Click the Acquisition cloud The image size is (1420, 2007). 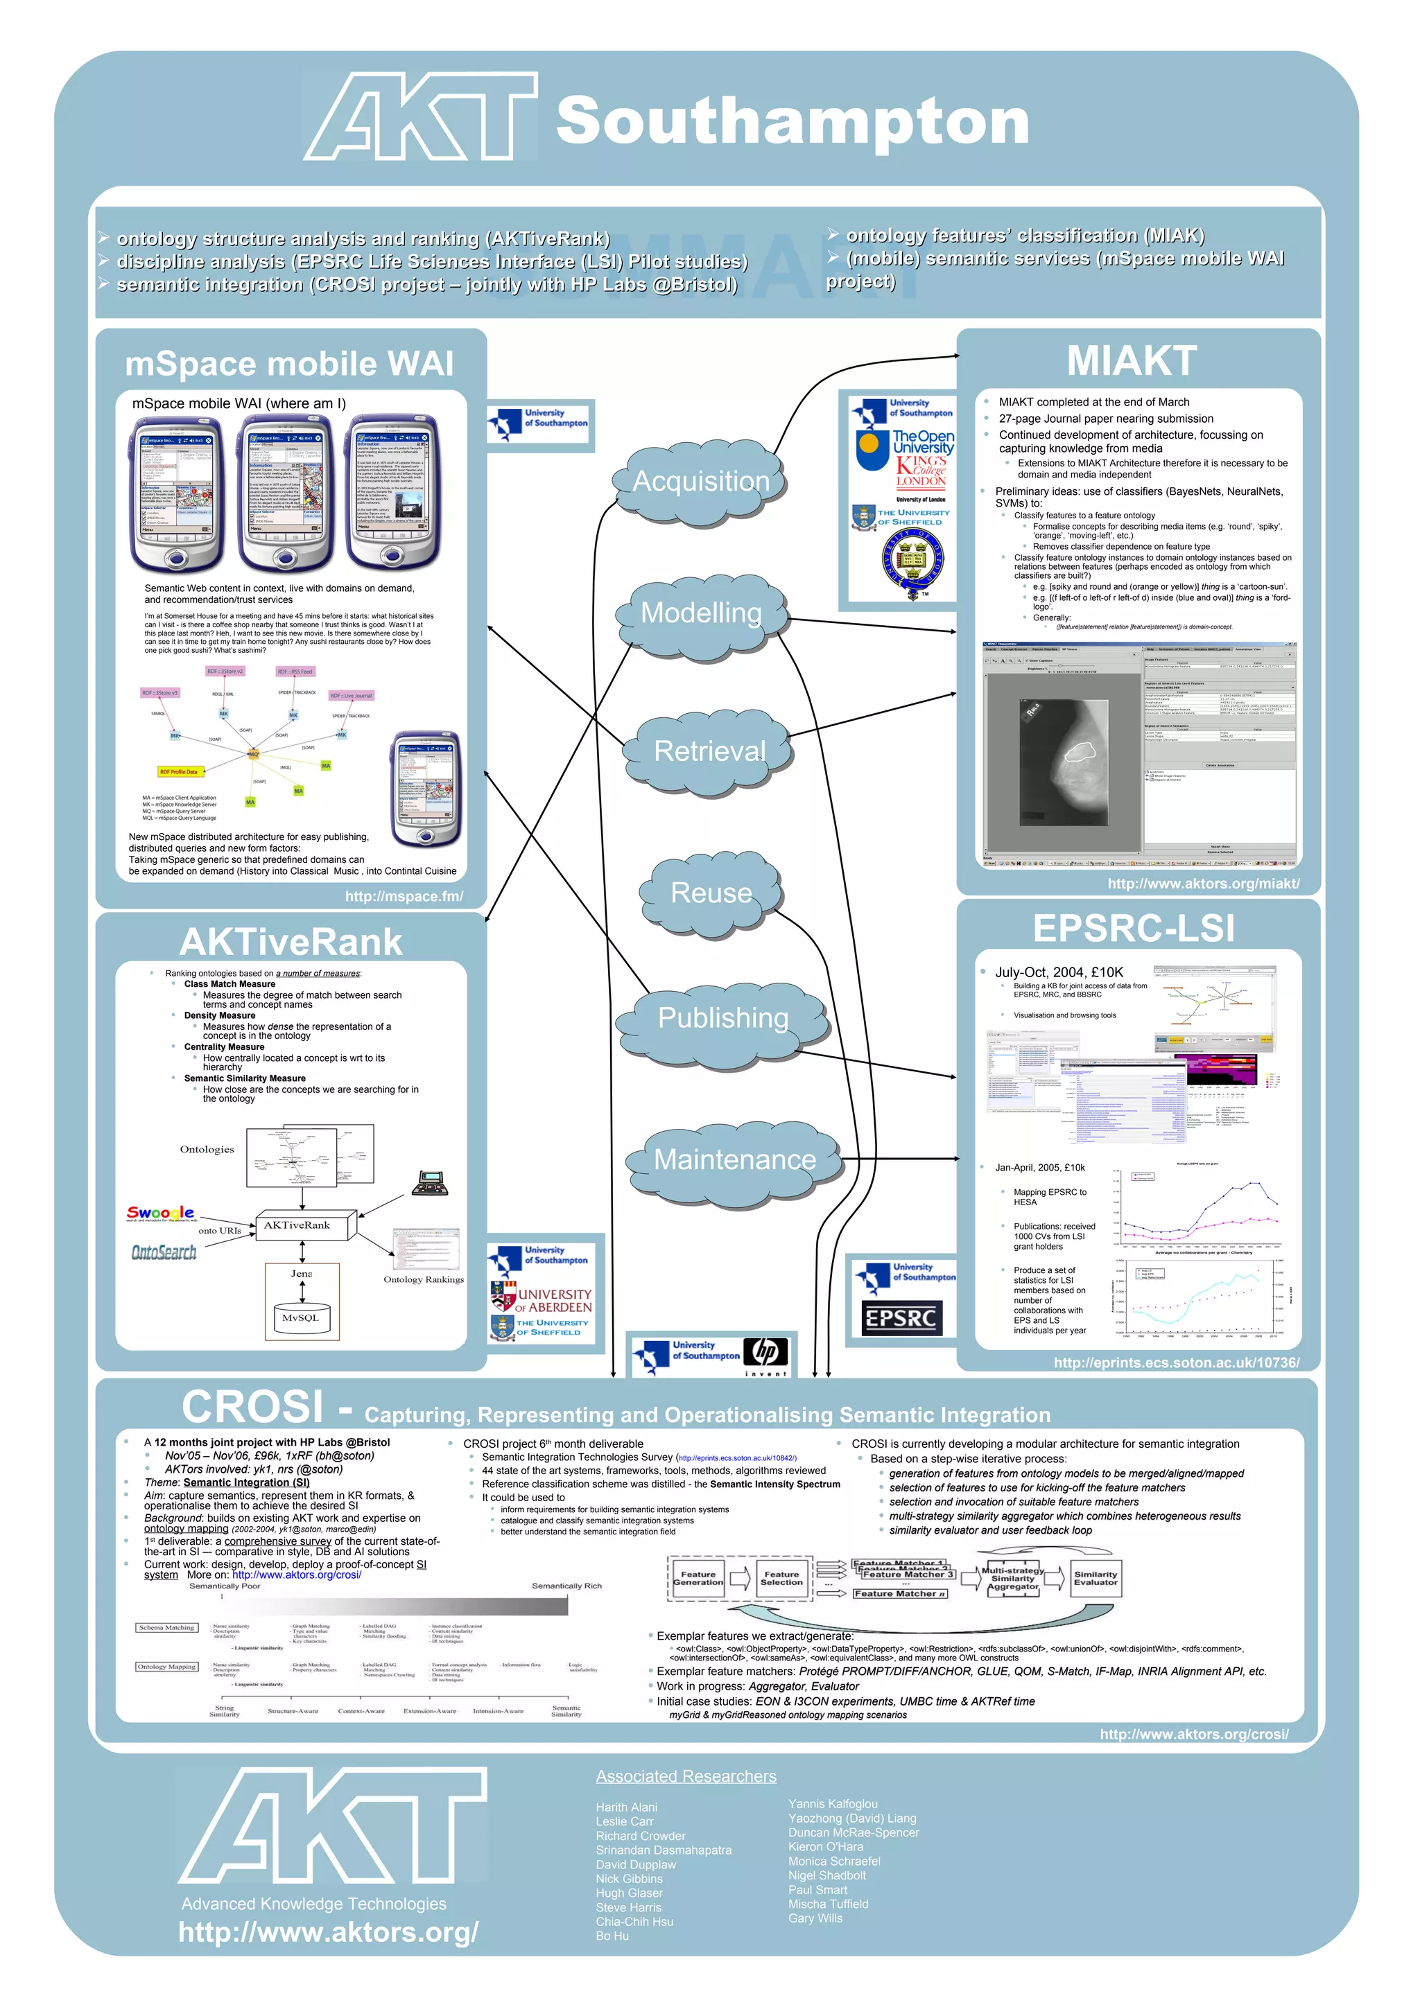click(701, 482)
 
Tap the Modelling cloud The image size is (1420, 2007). click(701, 613)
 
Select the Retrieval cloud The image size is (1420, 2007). click(709, 751)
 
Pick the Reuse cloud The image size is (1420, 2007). click(711, 893)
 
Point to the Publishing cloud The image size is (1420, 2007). click(722, 1017)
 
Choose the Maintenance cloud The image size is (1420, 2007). click(734, 1159)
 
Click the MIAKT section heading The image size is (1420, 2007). click(1132, 361)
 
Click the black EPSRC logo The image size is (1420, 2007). click(900, 1318)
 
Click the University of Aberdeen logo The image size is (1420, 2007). click(542, 1300)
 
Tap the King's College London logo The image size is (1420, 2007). click(921, 471)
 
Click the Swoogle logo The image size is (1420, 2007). click(161, 1213)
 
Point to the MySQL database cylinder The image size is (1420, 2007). click(301, 1318)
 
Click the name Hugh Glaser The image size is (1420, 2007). click(629, 1893)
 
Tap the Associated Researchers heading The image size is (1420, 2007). click(686, 1776)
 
